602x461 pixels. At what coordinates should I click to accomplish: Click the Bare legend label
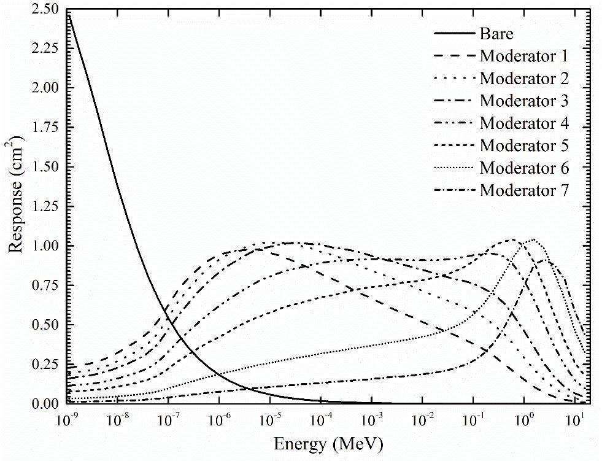coord(496,34)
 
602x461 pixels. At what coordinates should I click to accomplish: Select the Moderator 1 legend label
coord(524,56)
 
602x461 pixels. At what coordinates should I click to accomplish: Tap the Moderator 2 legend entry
coord(524,78)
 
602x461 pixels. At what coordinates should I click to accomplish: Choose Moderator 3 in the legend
coord(524,101)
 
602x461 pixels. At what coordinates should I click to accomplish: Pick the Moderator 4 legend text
coord(524,123)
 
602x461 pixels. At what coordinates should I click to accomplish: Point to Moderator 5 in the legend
coord(524,145)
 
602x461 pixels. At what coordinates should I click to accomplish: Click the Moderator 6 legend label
coord(524,168)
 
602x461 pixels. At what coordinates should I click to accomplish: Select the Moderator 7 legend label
coord(524,190)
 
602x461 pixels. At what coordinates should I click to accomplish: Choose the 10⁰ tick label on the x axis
coord(523,420)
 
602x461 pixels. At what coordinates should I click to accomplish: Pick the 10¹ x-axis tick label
coord(574,420)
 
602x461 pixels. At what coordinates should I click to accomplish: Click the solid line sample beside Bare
coord(455,34)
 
